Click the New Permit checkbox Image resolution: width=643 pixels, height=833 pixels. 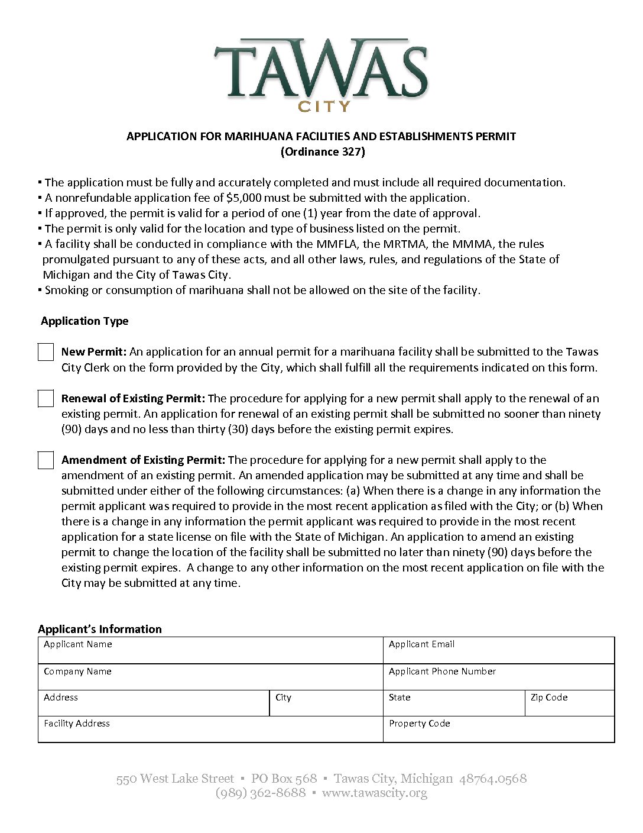coord(46,352)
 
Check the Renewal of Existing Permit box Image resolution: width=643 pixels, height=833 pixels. coord(46,399)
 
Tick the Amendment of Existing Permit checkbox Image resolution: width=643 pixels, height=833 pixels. coord(46,460)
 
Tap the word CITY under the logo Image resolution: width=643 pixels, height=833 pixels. coord(324,106)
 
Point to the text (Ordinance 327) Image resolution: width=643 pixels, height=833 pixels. coord(323,152)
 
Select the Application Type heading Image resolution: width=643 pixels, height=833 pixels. coord(85,321)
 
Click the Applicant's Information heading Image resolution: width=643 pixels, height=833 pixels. coord(100,629)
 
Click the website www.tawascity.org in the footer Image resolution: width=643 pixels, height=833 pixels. coord(374,793)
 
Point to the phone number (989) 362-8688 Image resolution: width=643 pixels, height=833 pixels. coord(261,793)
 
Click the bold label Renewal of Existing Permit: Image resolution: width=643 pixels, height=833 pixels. coord(133,399)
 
